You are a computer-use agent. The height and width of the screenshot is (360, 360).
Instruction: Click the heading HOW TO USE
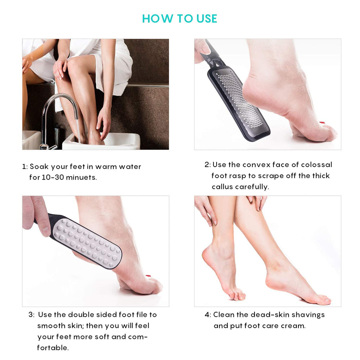click(180, 19)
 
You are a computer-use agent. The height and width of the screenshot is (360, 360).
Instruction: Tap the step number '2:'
click(207, 165)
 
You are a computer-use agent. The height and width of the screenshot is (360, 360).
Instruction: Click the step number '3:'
click(31, 315)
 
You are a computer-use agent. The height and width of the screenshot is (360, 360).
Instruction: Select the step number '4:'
click(208, 315)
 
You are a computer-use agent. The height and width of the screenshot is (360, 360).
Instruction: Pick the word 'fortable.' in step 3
click(53, 348)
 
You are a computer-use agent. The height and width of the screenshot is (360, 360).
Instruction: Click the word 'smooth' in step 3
click(48, 326)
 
